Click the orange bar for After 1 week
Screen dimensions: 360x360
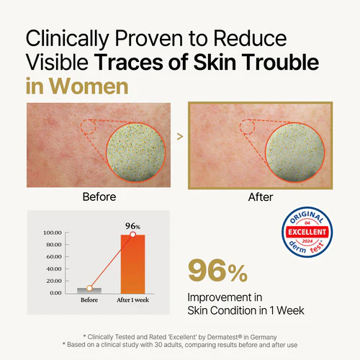[x=132, y=264]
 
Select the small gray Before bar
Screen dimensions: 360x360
[x=89, y=291]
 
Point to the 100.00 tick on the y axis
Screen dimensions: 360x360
[x=53, y=233]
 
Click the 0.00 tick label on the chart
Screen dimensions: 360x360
[x=55, y=293]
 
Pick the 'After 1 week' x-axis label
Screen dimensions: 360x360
[x=132, y=300]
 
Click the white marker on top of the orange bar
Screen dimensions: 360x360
[x=132, y=234]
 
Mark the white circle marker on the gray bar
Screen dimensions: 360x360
[x=89, y=288]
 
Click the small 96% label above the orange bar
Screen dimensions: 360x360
[x=132, y=226]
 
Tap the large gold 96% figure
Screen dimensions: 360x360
[x=217, y=271]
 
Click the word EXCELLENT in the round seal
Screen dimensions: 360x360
[x=307, y=232]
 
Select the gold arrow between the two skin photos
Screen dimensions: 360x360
[x=180, y=137]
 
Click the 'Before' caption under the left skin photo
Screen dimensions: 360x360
[x=99, y=197]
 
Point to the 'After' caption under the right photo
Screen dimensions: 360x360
[x=261, y=197]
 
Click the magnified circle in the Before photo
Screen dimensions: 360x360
[x=136, y=152]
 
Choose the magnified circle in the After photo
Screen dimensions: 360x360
[x=295, y=152]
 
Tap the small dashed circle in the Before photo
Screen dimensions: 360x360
[x=88, y=127]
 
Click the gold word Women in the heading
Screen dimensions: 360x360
[x=89, y=86]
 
